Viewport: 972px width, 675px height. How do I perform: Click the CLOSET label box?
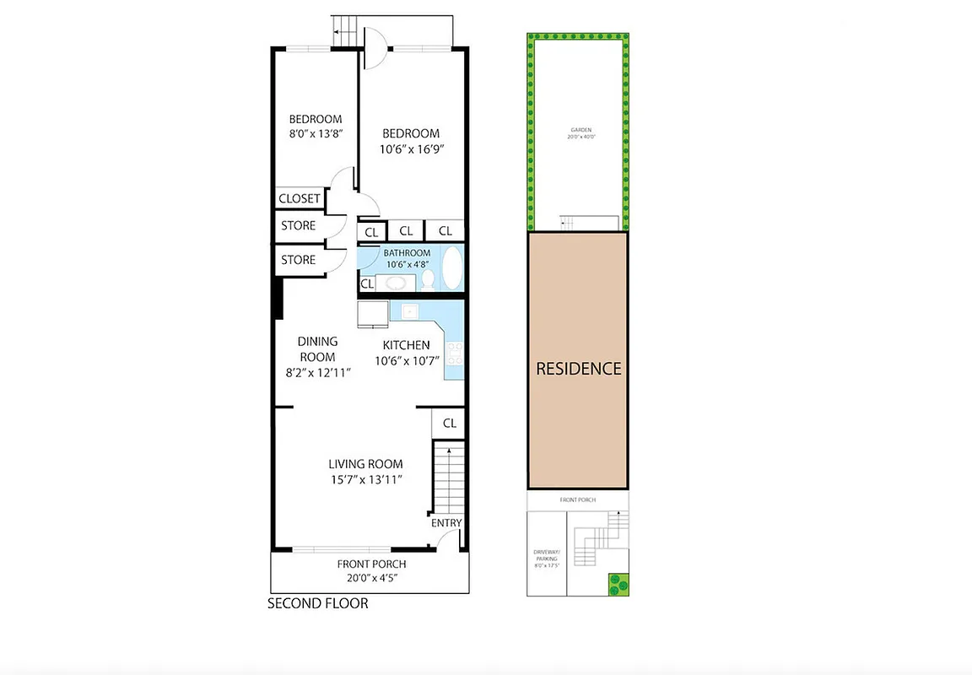click(299, 198)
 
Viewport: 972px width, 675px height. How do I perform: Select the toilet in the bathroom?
click(428, 278)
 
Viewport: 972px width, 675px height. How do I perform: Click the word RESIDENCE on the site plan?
click(579, 369)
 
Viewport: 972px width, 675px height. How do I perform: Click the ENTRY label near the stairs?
click(446, 523)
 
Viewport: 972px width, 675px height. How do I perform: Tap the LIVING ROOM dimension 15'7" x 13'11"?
click(364, 479)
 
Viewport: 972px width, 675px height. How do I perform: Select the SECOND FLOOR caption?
click(317, 603)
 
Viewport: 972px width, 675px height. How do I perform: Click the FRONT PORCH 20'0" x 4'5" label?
click(371, 571)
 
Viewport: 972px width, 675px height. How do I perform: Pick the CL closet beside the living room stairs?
click(449, 423)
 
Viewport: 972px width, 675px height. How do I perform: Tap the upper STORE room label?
click(298, 225)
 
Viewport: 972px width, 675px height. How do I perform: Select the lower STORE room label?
click(298, 260)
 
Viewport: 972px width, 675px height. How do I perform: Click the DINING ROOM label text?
click(317, 349)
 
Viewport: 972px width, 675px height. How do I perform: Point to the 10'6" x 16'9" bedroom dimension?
click(411, 148)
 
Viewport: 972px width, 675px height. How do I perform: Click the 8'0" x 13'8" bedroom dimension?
click(316, 133)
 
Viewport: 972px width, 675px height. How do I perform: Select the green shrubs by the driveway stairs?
click(618, 583)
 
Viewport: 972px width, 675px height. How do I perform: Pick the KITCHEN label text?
click(406, 345)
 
